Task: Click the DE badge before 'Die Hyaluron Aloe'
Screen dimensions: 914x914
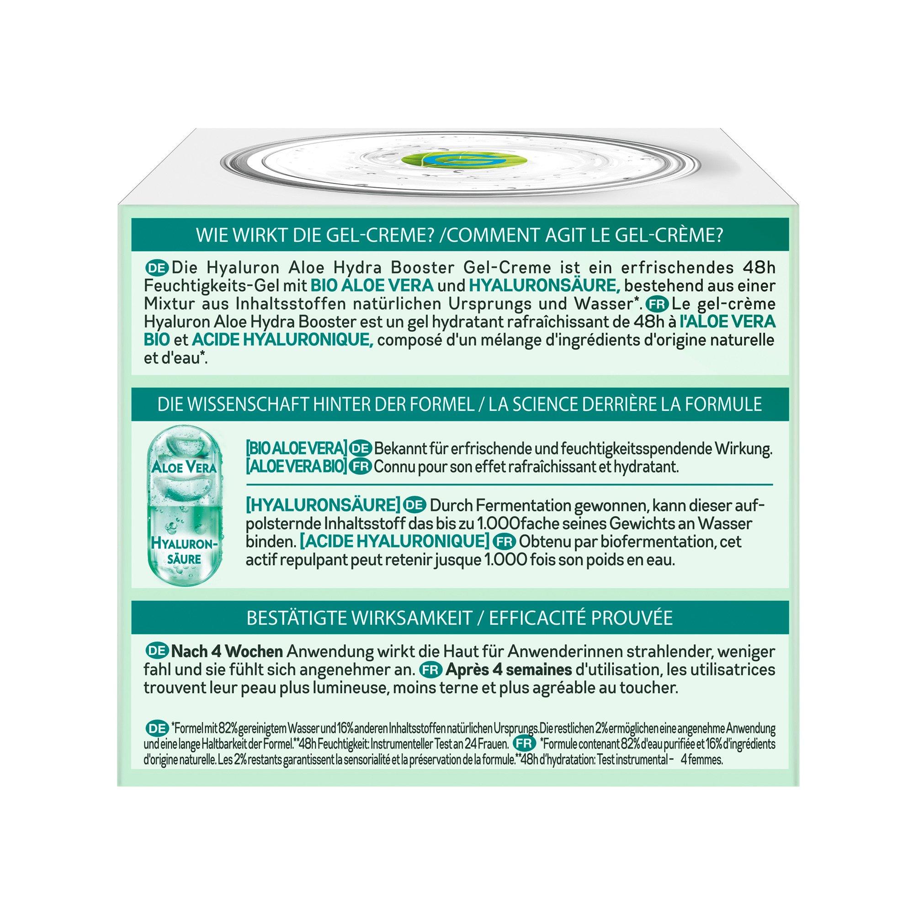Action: [158, 268]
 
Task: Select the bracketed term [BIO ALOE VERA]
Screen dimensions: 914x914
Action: [297, 449]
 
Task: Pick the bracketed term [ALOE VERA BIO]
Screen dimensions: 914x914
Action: [297, 467]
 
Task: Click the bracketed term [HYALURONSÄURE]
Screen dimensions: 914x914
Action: [323, 505]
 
